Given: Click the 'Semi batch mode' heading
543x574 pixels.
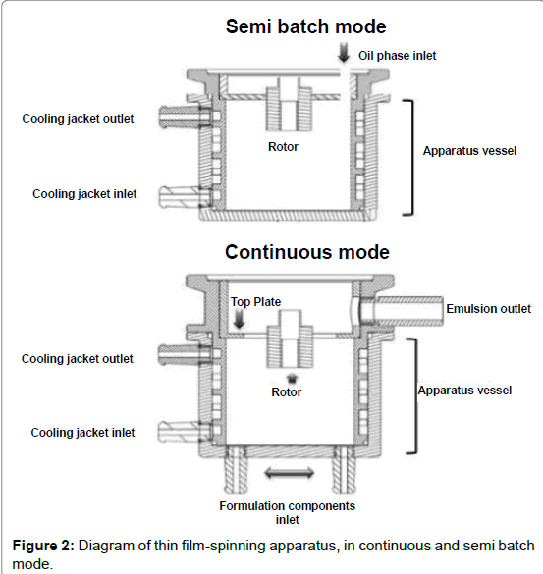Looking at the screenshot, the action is coord(306,26).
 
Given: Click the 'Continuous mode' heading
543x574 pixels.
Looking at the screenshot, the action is coord(307,252).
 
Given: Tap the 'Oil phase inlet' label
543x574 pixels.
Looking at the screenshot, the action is coord(397,56).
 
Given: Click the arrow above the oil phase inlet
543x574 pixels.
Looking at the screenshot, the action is coord(344,52).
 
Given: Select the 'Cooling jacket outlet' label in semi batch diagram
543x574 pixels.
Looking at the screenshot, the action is coord(78,119).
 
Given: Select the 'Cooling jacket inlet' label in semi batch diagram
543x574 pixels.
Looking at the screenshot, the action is coord(84,194).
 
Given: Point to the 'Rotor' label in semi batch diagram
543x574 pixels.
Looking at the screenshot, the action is coord(283,147).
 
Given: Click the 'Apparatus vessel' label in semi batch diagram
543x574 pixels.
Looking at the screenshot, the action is coord(469,151).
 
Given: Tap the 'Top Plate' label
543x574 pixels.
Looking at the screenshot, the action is coord(255,301).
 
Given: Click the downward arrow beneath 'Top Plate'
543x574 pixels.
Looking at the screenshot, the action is coord(239,319).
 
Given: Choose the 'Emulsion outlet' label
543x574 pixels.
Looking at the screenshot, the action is coord(488,309).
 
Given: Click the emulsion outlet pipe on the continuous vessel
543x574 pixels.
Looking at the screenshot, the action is coord(402,311).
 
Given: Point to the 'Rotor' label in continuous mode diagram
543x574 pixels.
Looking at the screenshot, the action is coord(287,392).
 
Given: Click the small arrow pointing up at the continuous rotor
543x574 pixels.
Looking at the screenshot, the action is coord(292,378).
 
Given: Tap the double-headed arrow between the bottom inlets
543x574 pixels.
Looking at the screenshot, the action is coord(289,473).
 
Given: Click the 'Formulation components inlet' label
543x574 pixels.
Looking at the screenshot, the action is coord(288,512).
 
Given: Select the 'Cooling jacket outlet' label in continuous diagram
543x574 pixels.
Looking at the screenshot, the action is coord(78,359).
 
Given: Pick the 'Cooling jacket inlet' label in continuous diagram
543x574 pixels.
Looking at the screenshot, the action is coord(82,433).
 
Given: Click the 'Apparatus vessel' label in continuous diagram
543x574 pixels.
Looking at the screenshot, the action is coord(465,391).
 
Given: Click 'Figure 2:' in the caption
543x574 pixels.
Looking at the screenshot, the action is coord(43,546).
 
